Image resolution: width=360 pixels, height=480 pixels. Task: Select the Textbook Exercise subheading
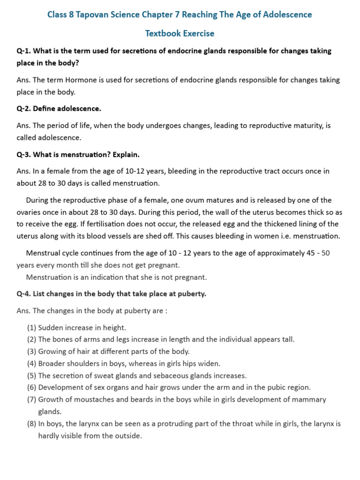pos(180,33)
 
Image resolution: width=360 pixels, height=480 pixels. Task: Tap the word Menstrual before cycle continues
pos(43,253)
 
